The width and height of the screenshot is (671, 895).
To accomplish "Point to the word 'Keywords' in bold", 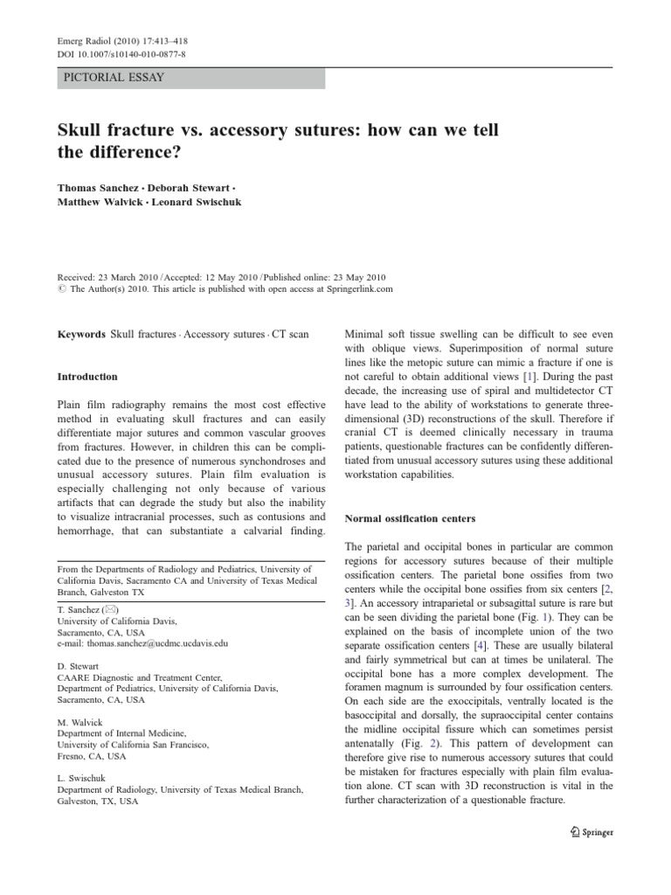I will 81,335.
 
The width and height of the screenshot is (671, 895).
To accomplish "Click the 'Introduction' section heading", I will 86,377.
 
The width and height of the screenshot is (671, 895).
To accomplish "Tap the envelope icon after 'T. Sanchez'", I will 111,609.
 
